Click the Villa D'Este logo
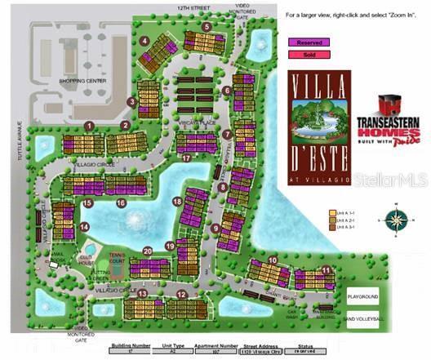[319, 126]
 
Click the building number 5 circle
[207, 27]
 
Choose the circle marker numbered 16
[121, 202]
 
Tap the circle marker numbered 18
[177, 201]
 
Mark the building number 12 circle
[181, 295]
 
